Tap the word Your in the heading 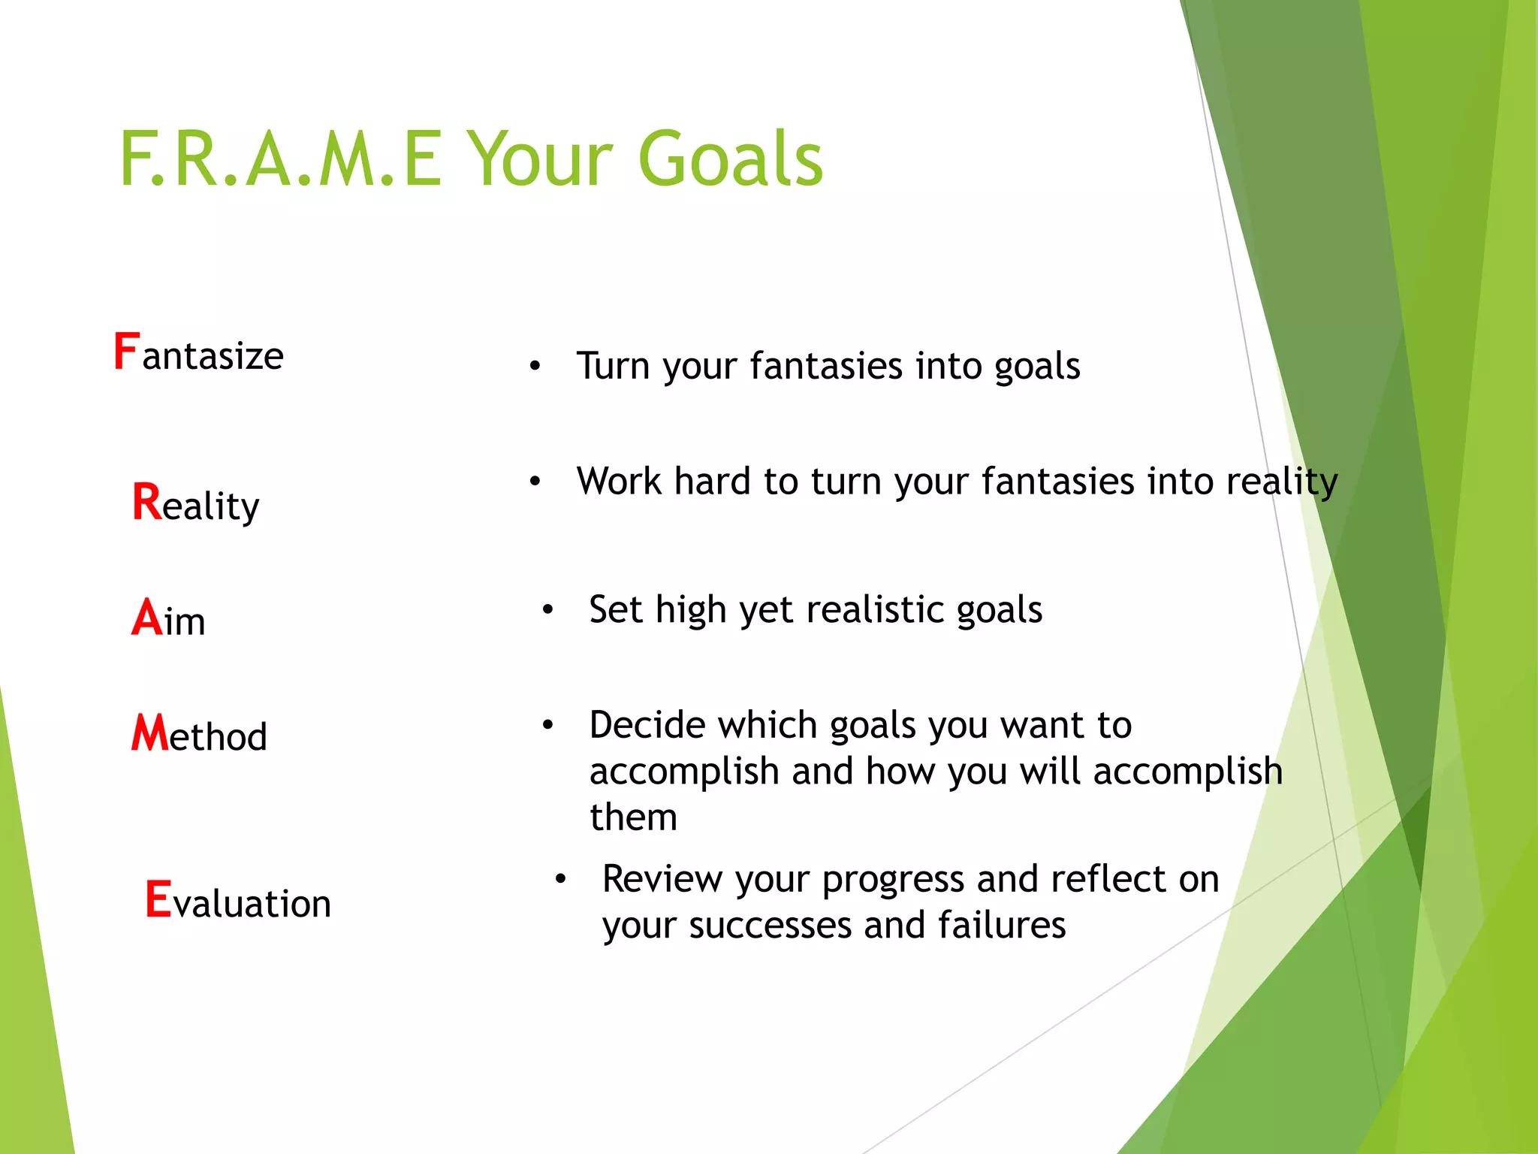tap(539, 159)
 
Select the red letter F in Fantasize tap(126, 352)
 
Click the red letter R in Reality tap(146, 502)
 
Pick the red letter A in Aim tap(146, 618)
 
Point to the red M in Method tap(149, 733)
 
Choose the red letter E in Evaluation tap(158, 899)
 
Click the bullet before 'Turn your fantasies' tap(535, 367)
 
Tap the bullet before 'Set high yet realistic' tap(548, 610)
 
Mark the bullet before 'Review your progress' tap(560, 879)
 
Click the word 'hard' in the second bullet tap(712, 482)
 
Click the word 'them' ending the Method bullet tap(633, 817)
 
